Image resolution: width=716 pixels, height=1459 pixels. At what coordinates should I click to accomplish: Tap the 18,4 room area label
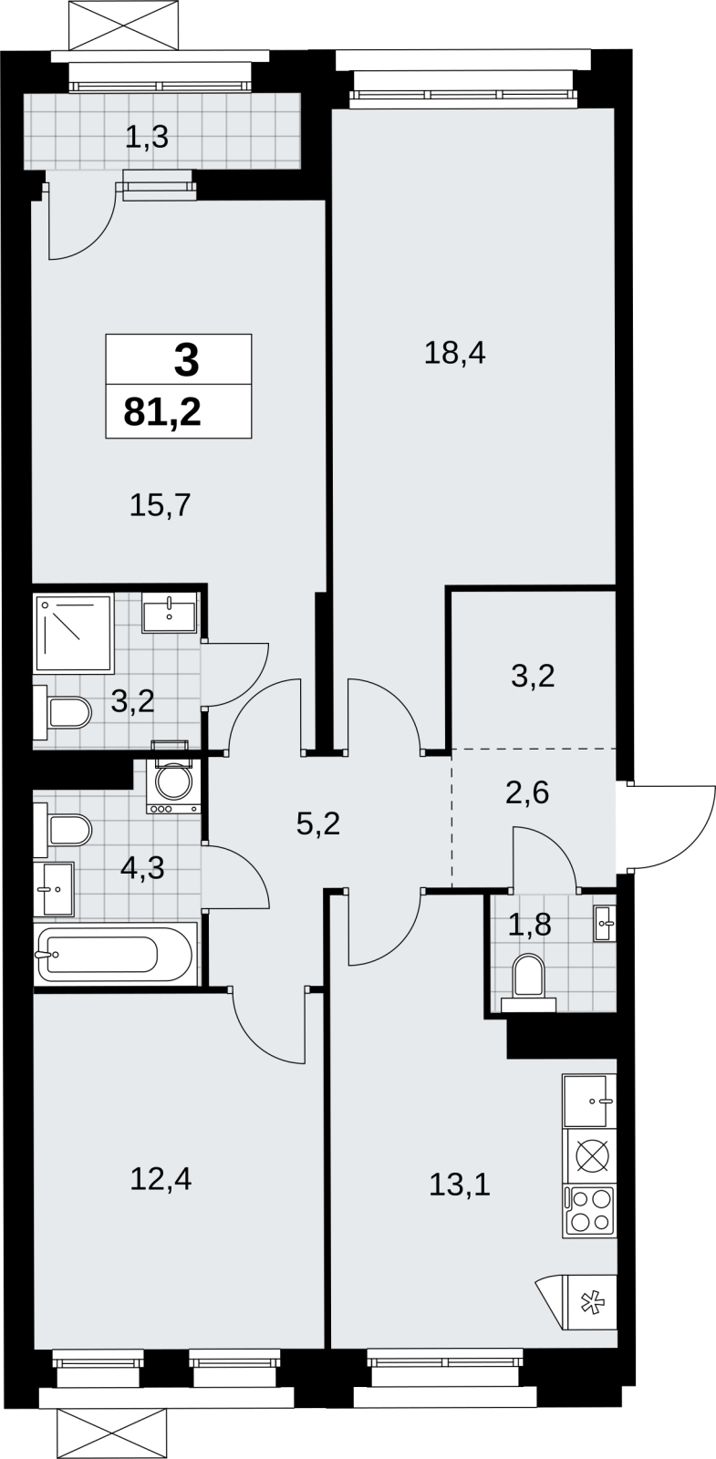coord(455,354)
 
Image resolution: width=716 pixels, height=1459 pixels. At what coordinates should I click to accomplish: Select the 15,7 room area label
coord(161,505)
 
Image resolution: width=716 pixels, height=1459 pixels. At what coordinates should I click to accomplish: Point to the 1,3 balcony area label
coord(147,138)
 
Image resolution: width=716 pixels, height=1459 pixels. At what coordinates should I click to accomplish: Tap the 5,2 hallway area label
coord(318,824)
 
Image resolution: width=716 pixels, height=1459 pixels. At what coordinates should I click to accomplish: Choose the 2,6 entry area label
coord(528,792)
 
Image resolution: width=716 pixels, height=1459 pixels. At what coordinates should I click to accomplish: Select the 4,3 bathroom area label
coord(142,867)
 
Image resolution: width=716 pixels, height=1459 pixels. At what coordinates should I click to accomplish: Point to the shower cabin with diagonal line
coord(75,633)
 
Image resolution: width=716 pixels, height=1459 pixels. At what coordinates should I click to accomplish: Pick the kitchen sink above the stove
coord(589,1101)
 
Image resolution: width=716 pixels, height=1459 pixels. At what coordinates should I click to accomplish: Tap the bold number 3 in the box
coord(186,361)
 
